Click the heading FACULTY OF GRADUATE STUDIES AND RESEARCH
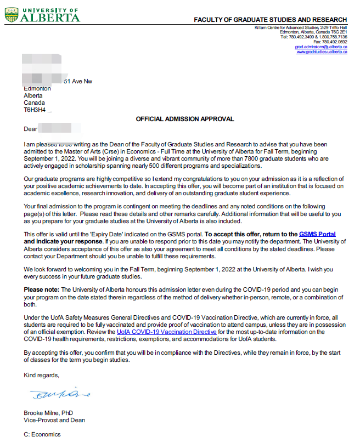click(x=270, y=20)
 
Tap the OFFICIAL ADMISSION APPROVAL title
click(x=185, y=119)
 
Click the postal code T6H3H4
click(x=34, y=110)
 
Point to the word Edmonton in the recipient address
click(x=37, y=88)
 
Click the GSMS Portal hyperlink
click(x=317, y=234)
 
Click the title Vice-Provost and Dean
click(x=54, y=420)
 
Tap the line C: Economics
click(x=42, y=435)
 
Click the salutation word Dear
click(x=30, y=129)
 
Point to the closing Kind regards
click(x=41, y=375)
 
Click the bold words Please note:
click(x=41, y=289)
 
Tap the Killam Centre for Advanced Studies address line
click(x=300, y=27)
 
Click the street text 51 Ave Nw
click(x=78, y=81)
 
